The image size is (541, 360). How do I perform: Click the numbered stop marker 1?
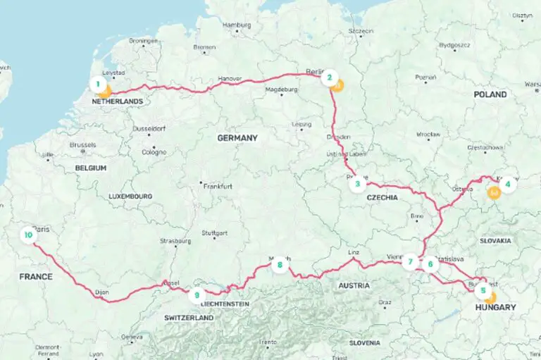click(x=98, y=85)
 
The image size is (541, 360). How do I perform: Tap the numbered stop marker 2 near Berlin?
click(x=328, y=78)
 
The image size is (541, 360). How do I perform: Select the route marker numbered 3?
click(x=358, y=185)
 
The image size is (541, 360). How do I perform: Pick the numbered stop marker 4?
click(x=507, y=182)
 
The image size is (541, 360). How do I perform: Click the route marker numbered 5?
click(x=483, y=289)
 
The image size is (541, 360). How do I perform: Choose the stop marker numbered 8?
click(x=280, y=265)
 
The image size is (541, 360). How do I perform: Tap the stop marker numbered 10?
click(x=28, y=235)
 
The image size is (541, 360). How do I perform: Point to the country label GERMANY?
click(x=237, y=137)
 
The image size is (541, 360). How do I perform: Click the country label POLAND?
click(x=490, y=94)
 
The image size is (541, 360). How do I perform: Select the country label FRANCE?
click(x=36, y=277)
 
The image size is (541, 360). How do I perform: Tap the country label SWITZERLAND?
click(x=189, y=318)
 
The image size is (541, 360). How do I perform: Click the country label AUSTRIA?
click(x=354, y=285)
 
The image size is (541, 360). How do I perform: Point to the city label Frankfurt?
click(x=218, y=187)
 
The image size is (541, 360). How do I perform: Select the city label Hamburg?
click(x=237, y=25)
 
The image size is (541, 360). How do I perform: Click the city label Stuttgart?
click(x=216, y=232)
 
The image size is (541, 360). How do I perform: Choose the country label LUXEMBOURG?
click(x=130, y=196)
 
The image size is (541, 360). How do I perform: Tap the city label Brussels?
click(x=82, y=144)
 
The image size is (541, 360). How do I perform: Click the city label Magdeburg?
click(x=282, y=90)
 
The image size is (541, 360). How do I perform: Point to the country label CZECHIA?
click(x=383, y=198)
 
